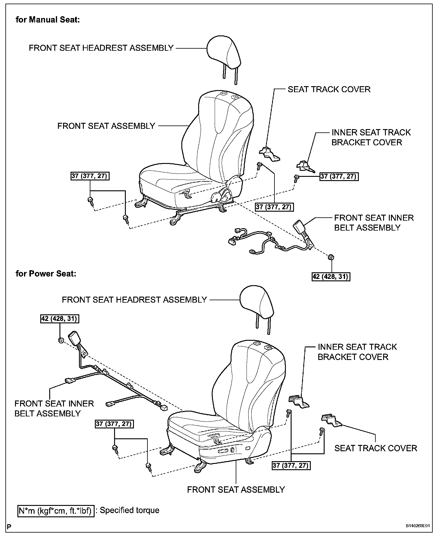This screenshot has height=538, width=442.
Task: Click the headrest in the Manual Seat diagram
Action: (224, 53)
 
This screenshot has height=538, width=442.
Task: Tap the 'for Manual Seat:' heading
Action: (48, 20)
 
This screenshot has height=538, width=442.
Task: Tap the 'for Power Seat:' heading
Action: (46, 274)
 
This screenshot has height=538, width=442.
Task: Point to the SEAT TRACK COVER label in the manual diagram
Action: (329, 89)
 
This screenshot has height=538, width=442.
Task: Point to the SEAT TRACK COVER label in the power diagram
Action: (376, 448)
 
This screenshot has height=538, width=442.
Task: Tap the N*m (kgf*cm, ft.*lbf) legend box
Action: (56, 510)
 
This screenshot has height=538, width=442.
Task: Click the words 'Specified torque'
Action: (129, 510)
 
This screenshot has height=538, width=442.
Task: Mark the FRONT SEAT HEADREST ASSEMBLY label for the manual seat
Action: (101, 48)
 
